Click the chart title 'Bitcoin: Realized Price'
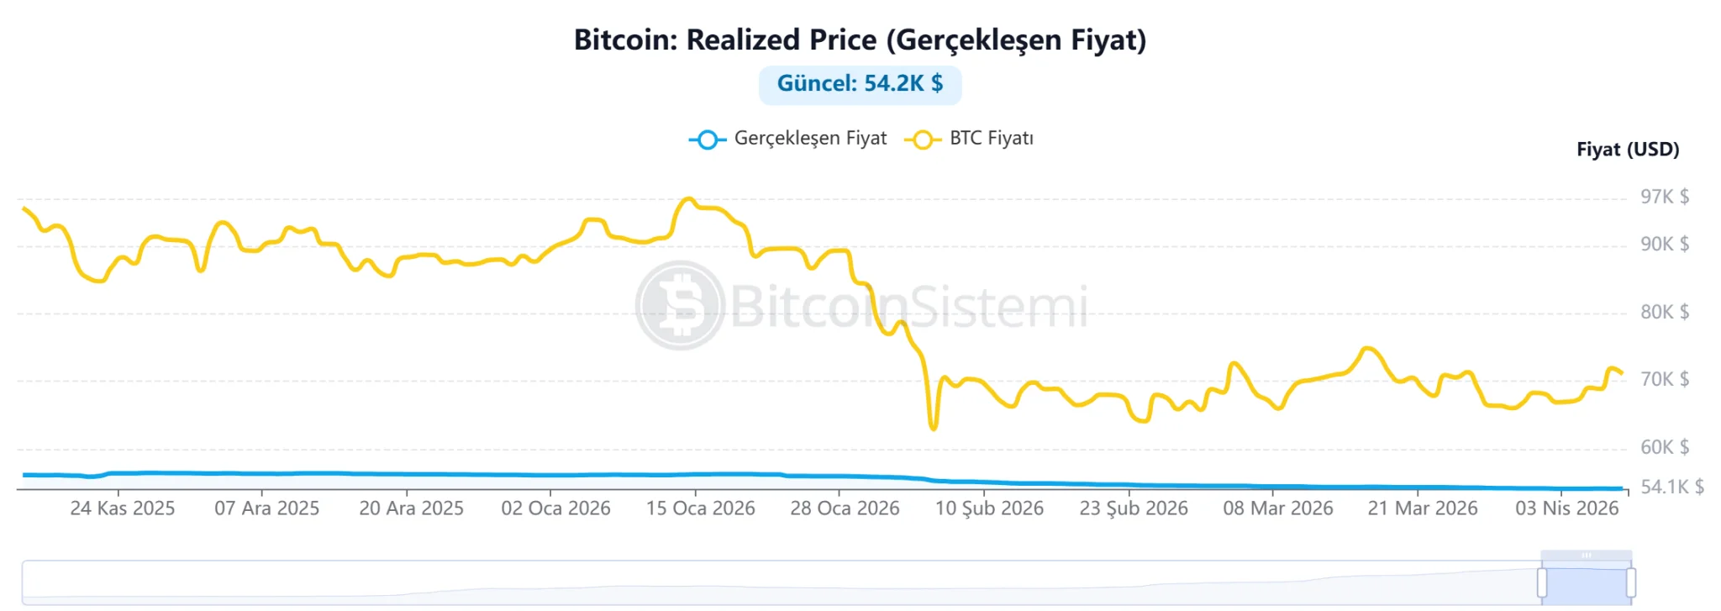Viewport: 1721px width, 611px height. pyautogui.click(x=860, y=40)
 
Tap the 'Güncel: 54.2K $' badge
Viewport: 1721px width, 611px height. pyautogui.click(x=860, y=84)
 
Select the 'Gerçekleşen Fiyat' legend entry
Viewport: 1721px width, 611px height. pyautogui.click(x=788, y=139)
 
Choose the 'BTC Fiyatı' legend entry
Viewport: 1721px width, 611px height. pyautogui.click(x=970, y=139)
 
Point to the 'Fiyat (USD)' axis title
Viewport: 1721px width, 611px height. pyautogui.click(x=1627, y=150)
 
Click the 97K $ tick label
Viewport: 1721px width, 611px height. pyautogui.click(x=1664, y=197)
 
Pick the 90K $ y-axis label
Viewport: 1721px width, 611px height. pyautogui.click(x=1664, y=244)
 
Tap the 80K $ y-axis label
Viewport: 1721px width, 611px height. pyautogui.click(x=1664, y=312)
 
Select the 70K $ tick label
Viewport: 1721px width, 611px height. pyautogui.click(x=1664, y=379)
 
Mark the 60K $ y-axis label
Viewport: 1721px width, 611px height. pyautogui.click(x=1664, y=447)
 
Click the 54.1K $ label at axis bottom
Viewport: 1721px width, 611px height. pyautogui.click(x=1671, y=487)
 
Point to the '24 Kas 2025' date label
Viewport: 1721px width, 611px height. pyautogui.click(x=123, y=508)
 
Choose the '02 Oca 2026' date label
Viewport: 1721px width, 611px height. pyautogui.click(x=555, y=508)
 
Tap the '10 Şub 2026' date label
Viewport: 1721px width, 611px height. pyautogui.click(x=989, y=508)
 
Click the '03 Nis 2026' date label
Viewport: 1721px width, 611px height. pyautogui.click(x=1566, y=508)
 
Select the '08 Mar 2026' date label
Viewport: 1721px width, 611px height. pyautogui.click(x=1277, y=508)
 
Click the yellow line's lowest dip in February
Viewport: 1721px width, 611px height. pyautogui.click(x=934, y=428)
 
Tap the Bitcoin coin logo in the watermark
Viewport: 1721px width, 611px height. pyautogui.click(x=680, y=305)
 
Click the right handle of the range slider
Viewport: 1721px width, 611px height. pyautogui.click(x=1630, y=582)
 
